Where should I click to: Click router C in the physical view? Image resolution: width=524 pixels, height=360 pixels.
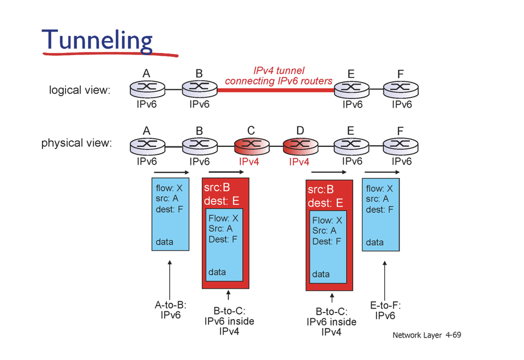point(252,145)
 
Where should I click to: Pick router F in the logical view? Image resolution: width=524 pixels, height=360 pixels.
point(401,88)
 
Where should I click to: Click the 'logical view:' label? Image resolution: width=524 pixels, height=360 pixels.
point(80,90)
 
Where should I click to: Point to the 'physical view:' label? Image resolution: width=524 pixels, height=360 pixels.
point(76,144)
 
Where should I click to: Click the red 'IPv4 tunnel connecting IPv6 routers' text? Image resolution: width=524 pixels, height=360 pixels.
point(278,76)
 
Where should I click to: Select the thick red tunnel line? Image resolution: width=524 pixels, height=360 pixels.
point(276,88)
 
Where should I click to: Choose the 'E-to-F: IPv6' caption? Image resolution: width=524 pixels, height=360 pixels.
point(385,311)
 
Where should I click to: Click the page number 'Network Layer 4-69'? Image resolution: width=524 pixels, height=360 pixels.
point(427,334)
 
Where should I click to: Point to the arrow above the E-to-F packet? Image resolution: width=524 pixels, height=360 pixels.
point(382,172)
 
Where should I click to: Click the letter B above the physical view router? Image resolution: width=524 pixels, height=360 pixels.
point(199,131)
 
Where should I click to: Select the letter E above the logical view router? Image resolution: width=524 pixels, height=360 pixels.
point(350,73)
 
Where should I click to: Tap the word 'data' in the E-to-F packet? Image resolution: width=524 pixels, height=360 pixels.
point(374,242)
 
